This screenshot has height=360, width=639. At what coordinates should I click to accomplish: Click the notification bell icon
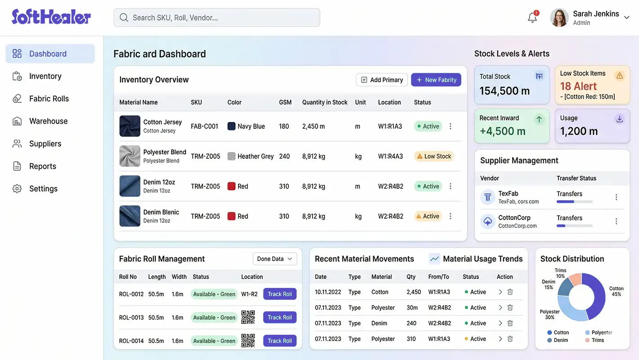pos(532,18)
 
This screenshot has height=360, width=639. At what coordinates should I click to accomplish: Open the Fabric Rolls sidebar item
pos(49,99)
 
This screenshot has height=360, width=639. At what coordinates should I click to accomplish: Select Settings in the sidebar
pos(43,189)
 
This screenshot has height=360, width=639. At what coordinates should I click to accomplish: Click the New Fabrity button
pos(436,80)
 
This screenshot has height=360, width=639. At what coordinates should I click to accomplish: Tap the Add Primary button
pos(382,80)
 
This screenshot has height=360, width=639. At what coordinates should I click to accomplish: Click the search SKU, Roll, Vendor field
pos(217,18)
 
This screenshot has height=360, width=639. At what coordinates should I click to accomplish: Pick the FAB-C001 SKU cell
pos(204,126)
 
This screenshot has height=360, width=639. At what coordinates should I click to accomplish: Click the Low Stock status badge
pos(434,156)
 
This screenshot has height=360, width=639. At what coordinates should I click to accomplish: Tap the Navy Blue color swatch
pos(232,126)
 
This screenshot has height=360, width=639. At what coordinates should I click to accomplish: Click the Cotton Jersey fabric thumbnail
pos(130,126)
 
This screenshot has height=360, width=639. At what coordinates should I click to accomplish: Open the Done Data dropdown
pos(274,259)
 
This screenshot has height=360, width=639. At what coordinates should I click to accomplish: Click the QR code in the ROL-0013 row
pos(248,317)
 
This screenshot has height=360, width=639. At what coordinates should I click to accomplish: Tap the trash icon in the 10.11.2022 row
pos(510,292)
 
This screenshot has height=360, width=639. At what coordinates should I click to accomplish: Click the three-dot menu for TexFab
pos(616,197)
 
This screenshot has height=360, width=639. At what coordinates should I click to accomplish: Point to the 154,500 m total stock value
pos(504,90)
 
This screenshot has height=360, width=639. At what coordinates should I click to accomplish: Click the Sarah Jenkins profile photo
pos(559,18)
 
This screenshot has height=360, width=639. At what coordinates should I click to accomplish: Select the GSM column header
pos(285,102)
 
